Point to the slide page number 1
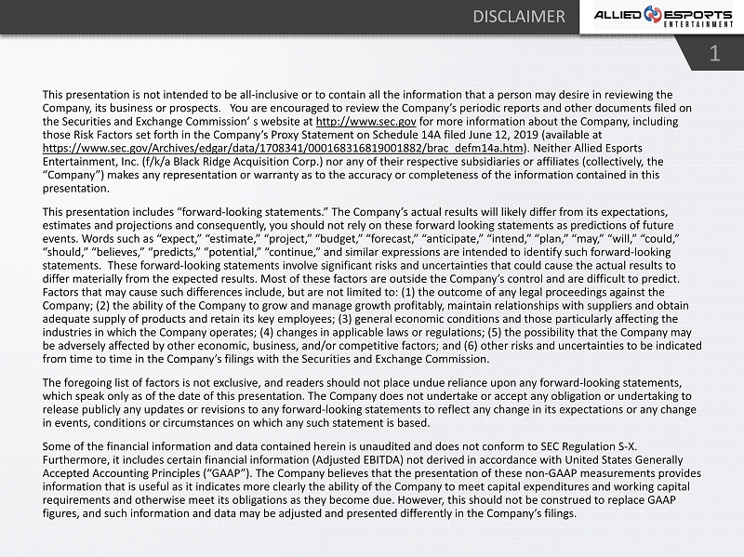[714, 53]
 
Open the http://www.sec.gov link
[366, 121]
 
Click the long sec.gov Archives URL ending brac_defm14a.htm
[284, 147]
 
